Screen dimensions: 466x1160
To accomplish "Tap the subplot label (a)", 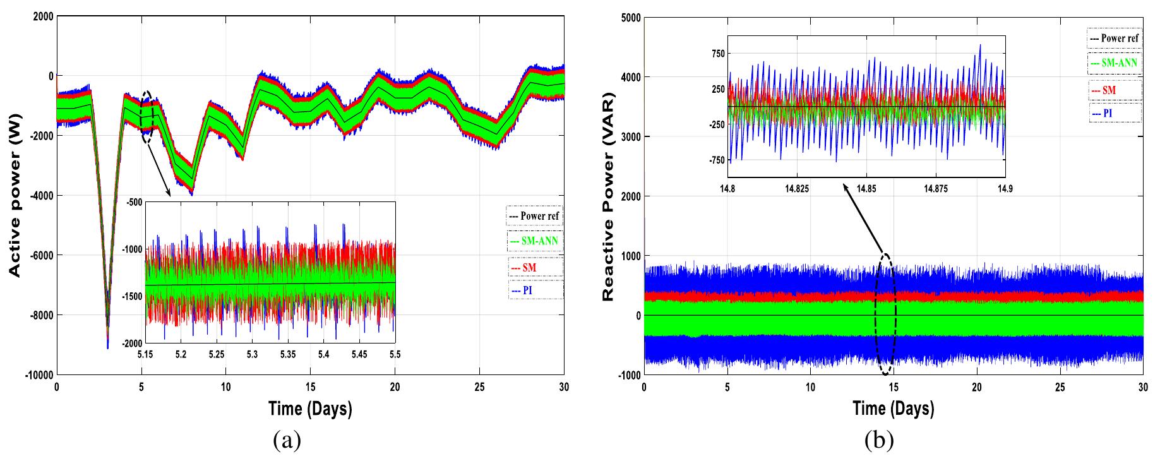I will tap(287, 440).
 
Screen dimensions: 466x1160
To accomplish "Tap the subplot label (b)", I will tap(879, 440).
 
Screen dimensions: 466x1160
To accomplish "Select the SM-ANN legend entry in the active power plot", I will tap(535, 241).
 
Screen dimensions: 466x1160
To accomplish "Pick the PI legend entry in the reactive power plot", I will tap(1114, 114).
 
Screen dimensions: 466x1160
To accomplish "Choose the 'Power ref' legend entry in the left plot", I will tap(534, 216).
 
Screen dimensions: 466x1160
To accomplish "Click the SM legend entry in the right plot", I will tap(1114, 90).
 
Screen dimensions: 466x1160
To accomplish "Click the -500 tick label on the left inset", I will tap(134, 203).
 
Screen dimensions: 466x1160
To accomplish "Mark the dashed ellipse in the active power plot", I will tap(148, 117).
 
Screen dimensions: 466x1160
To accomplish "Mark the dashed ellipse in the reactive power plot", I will tap(885, 314).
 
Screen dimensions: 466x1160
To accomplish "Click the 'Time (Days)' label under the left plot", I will tap(310, 409).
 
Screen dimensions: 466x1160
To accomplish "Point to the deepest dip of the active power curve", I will tap(107, 347).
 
